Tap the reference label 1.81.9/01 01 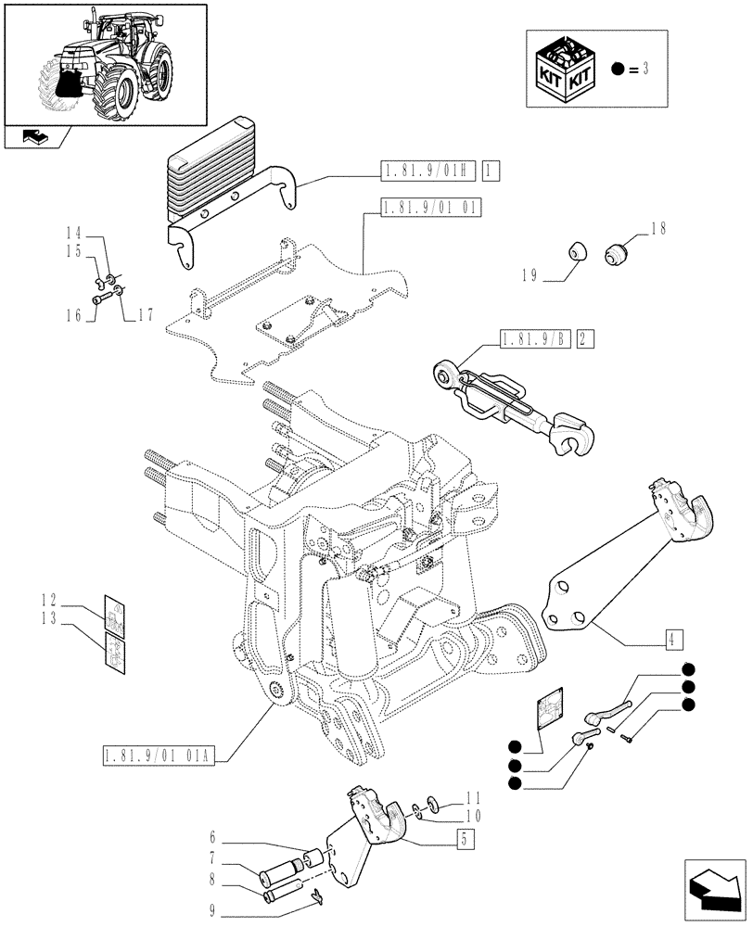coord(429,208)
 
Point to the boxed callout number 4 coord(672,637)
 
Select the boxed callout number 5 coord(460,840)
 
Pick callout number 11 coord(472,797)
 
